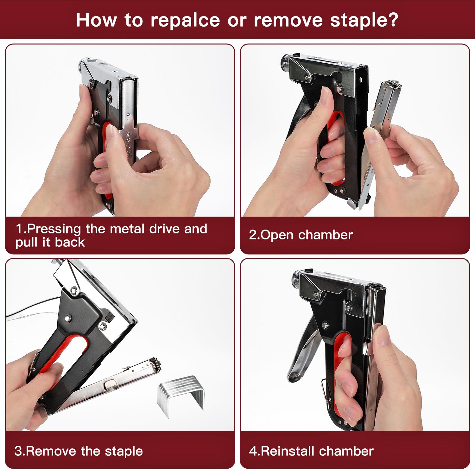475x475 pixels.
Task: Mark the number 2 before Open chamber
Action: click(252, 235)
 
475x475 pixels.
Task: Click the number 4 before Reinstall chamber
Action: click(252, 451)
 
